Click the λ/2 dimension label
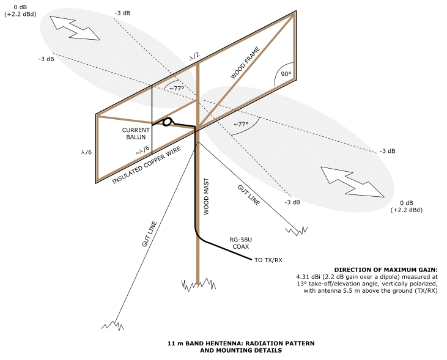pos(194,56)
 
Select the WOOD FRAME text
pos(246,62)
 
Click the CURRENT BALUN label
pos(136,134)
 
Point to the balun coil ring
pos(167,122)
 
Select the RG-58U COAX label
pos(240,243)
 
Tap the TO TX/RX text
pos(268,260)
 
